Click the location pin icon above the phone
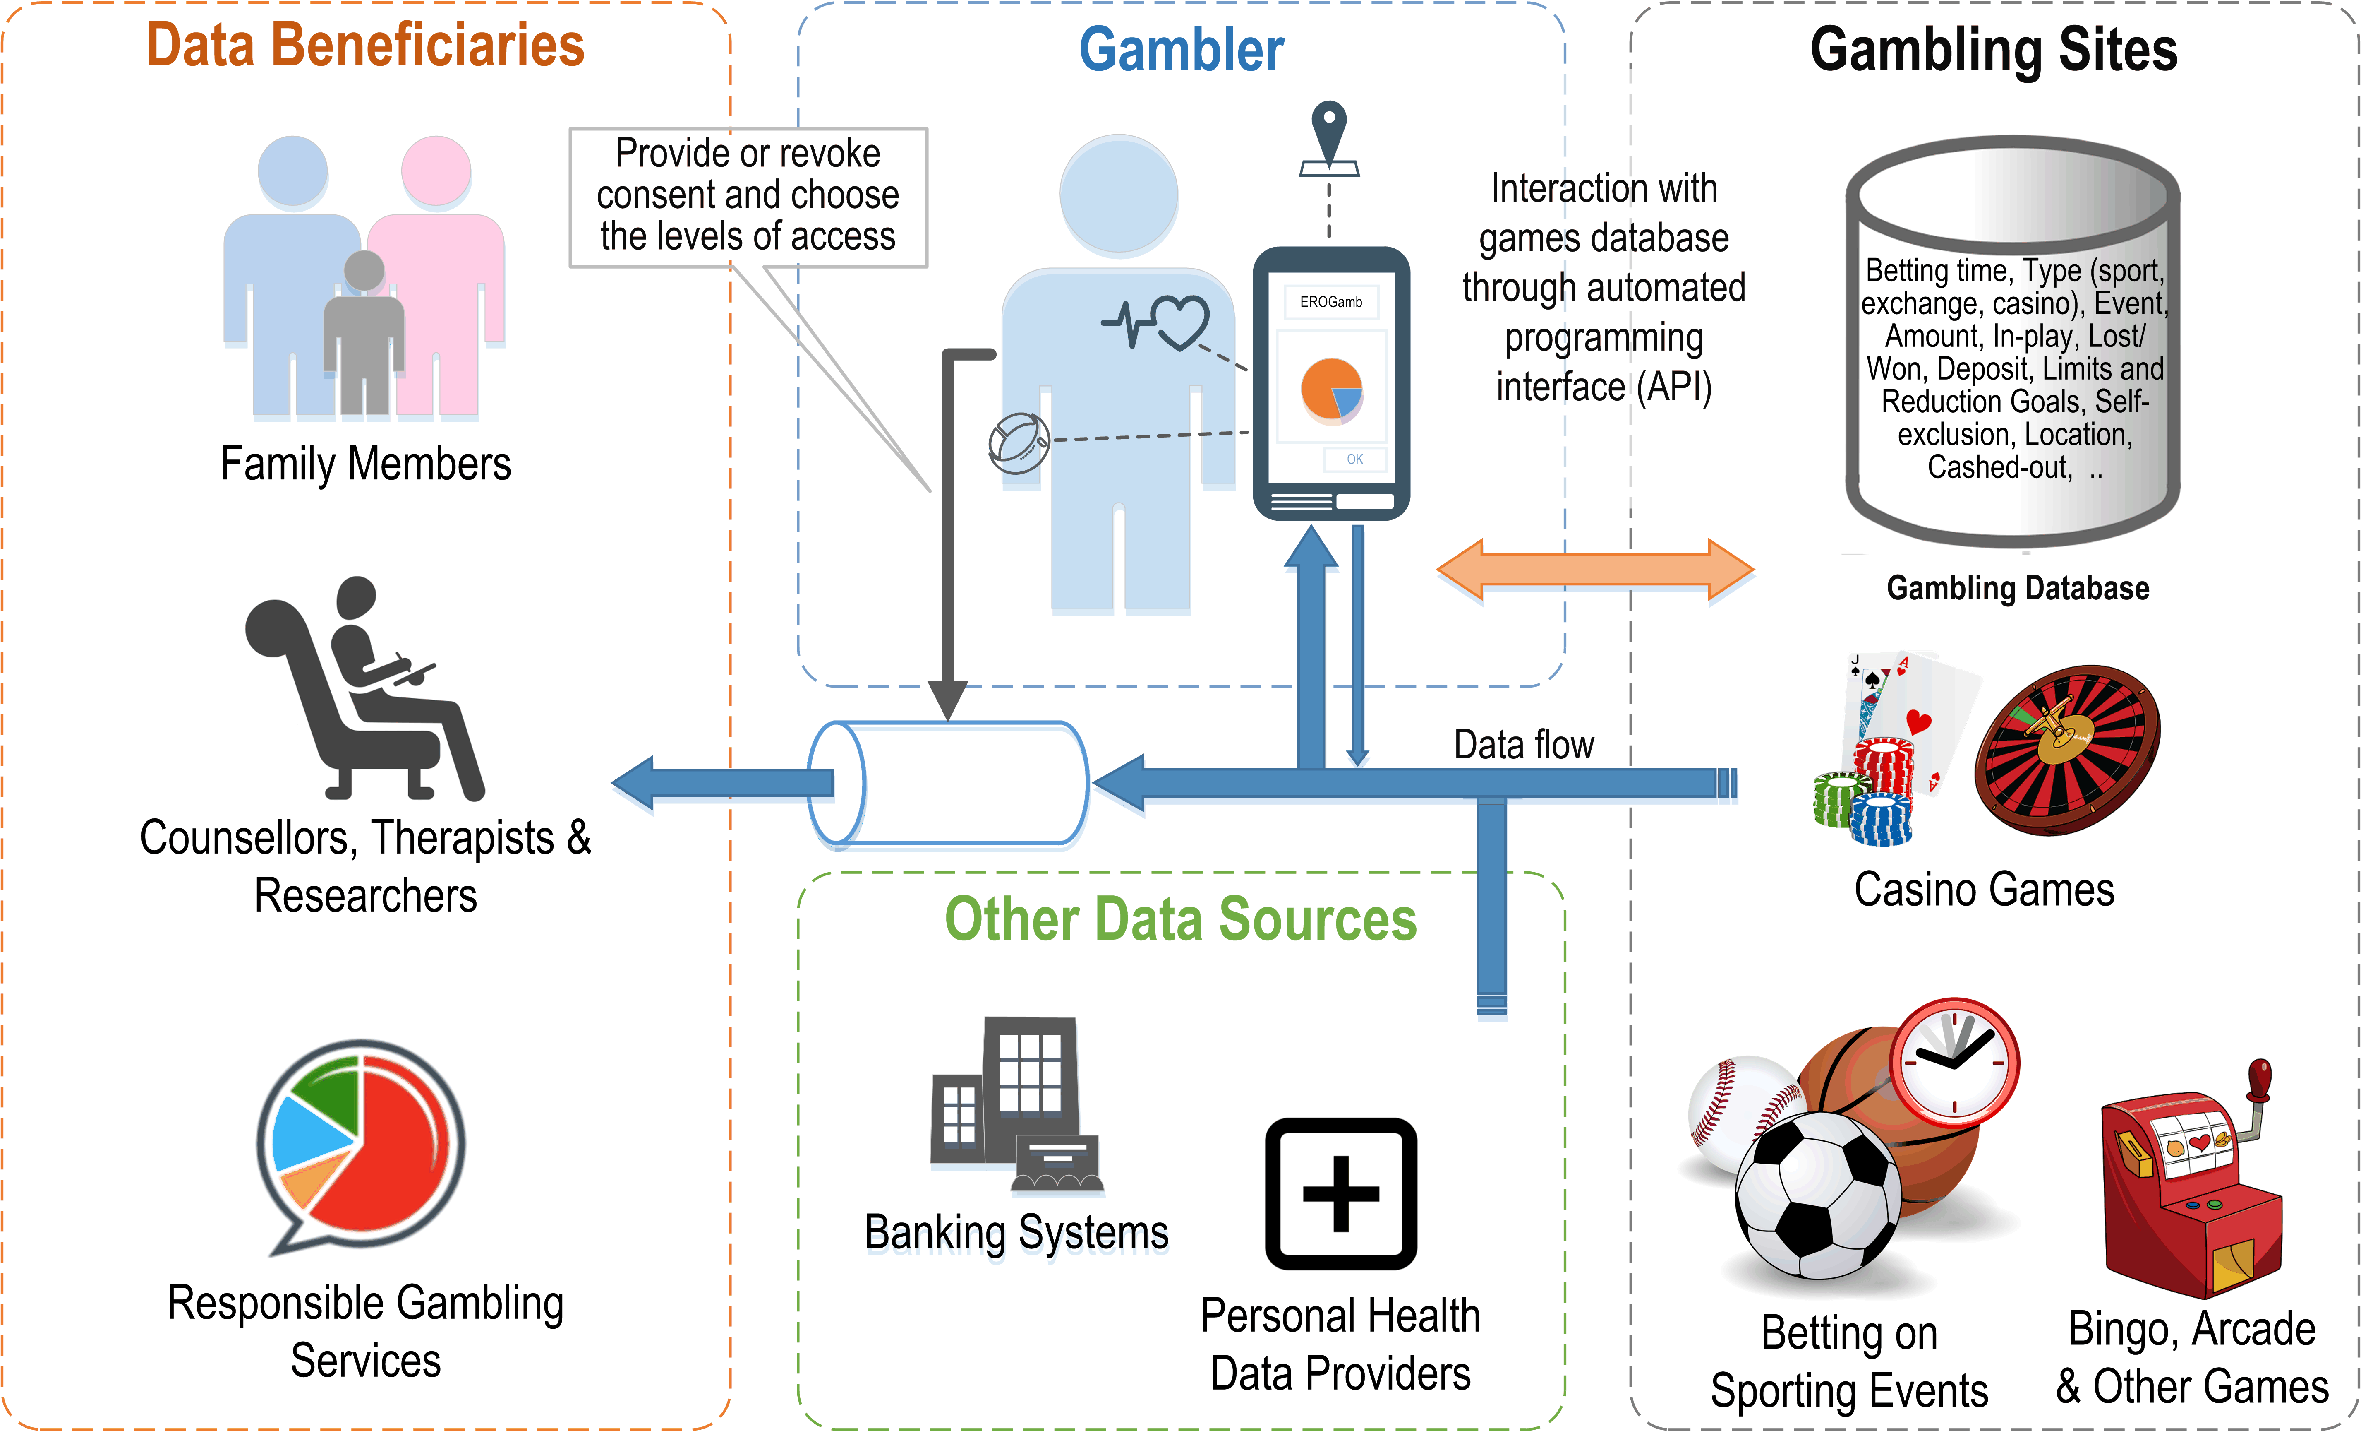point(1329,139)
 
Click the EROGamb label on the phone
point(1331,302)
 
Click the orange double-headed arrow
point(1595,569)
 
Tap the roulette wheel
point(2068,750)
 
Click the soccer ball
point(1818,1194)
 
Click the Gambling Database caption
point(2018,587)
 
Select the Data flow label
point(1524,745)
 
